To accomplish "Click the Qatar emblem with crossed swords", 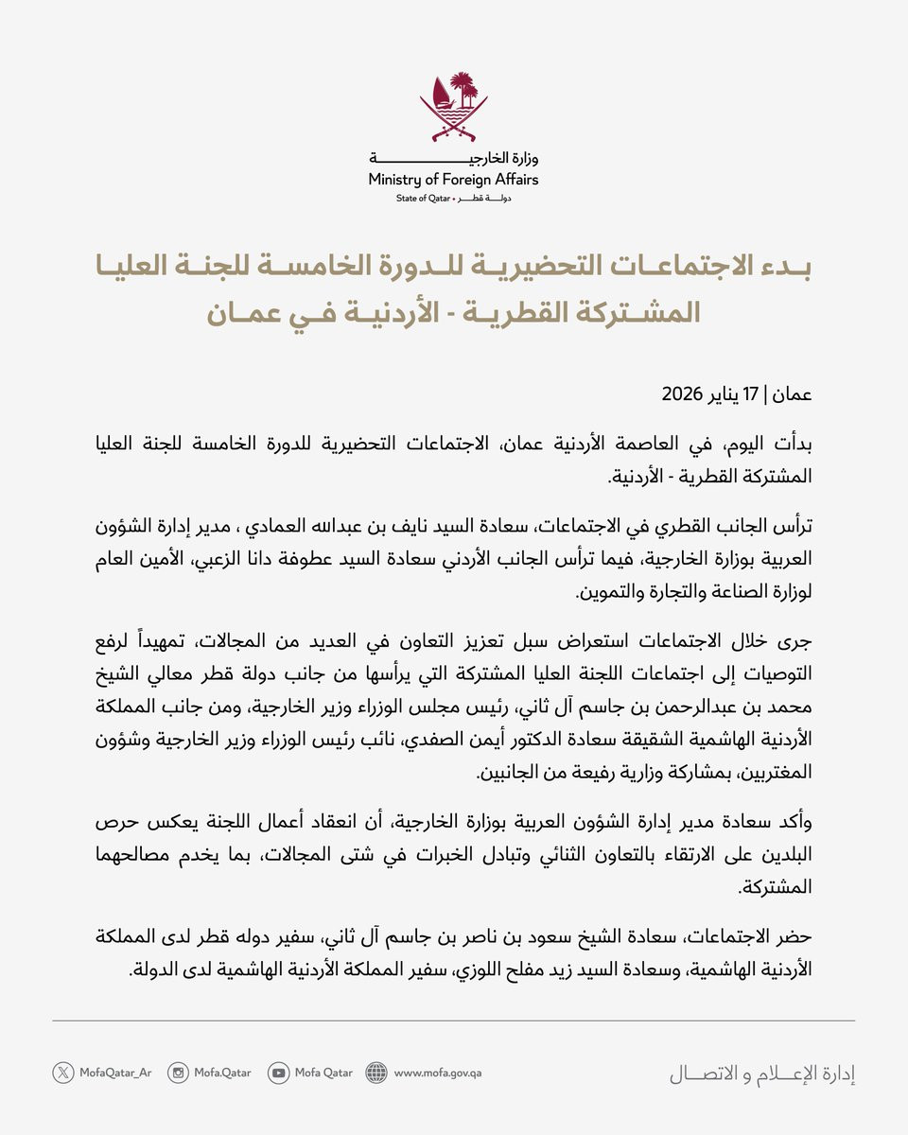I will point(454,104).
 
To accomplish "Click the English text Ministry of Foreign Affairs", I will point(454,179).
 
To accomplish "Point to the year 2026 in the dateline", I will point(695,393).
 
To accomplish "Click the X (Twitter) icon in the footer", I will point(63,1073).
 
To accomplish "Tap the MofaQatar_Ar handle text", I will point(114,1073).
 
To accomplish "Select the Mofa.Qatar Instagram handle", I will point(223,1073).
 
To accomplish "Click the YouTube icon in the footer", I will point(278,1073).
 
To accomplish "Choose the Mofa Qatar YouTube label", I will point(323,1073).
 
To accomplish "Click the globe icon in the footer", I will point(376,1073).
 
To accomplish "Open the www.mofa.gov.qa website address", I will point(438,1073).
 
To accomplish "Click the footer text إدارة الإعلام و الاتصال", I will point(762,1074).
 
